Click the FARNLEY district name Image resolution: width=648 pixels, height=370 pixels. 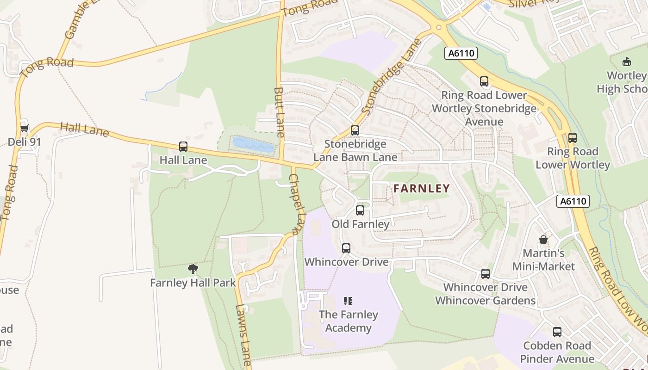pos(421,188)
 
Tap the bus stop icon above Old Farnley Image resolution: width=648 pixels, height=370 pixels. pos(360,210)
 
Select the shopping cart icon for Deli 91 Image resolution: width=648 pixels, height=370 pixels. pos(24,128)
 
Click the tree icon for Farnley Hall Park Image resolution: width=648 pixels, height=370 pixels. pos(193,269)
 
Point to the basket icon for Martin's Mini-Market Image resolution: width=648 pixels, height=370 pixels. pos(543,240)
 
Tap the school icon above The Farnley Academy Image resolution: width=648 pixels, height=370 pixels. pos(348,301)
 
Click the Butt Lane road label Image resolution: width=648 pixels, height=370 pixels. pos(279,112)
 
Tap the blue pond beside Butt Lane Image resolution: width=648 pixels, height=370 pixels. pos(253,145)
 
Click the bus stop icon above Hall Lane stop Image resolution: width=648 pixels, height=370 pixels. pos(183,147)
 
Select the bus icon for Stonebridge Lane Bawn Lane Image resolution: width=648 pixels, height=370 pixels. pos(355,130)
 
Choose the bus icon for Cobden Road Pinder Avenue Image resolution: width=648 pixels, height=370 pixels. pos(557,332)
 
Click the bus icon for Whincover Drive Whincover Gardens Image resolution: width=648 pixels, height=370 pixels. pos(485,273)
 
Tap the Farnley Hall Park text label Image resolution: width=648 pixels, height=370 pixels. pos(193,283)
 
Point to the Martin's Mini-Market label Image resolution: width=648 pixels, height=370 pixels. pos(543,260)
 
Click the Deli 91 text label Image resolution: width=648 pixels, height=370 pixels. pos(24,142)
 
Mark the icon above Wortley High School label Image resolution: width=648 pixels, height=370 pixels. pos(627,62)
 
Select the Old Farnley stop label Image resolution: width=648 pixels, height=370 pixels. pos(361,224)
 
